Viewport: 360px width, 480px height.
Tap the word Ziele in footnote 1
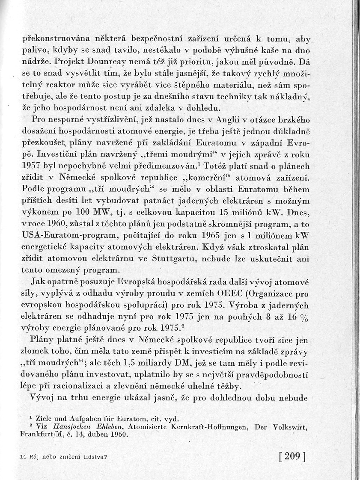(37, 418)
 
